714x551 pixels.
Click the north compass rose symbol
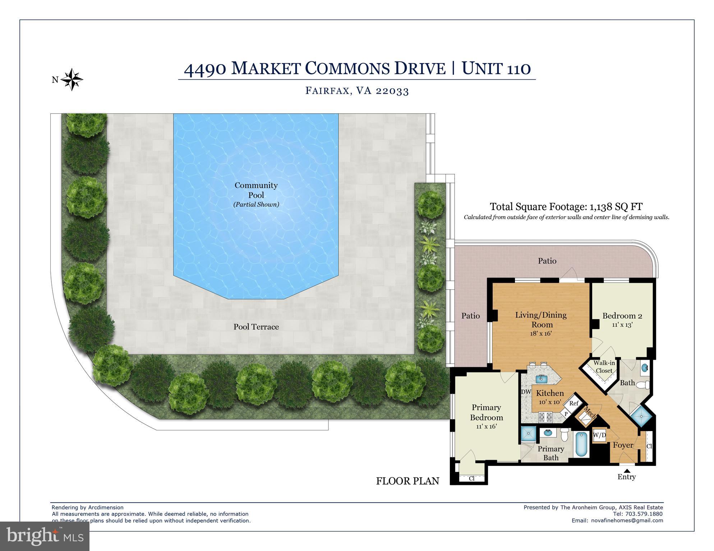(72, 79)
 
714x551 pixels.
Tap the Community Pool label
(256, 190)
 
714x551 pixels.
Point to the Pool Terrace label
(256, 327)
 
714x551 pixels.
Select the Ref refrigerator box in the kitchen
(574, 403)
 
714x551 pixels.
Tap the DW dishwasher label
(526, 392)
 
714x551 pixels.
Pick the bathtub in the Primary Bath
(581, 444)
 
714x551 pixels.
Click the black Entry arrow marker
(627, 471)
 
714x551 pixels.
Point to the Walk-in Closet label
(604, 367)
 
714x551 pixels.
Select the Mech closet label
(589, 413)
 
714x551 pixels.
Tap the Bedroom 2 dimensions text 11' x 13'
(622, 325)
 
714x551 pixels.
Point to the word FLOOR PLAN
(407, 481)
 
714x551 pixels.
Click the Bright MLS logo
(45, 536)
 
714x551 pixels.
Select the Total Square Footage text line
(566, 207)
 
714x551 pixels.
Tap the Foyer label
(623, 445)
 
